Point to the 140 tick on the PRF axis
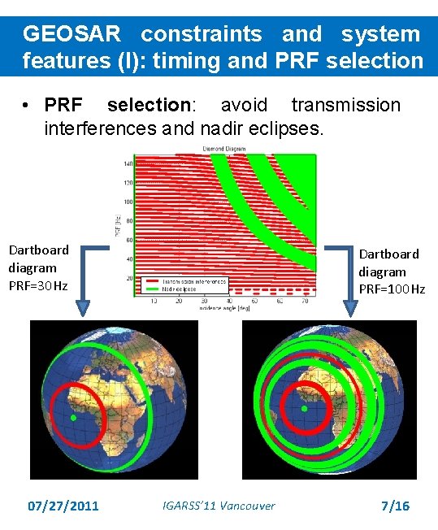pyautogui.click(x=128, y=163)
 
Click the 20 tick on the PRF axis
pyautogui.click(x=128, y=278)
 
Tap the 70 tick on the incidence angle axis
pyautogui.click(x=304, y=301)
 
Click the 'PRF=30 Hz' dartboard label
pyautogui.click(x=38, y=285)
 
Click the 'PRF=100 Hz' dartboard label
pyautogui.click(x=392, y=289)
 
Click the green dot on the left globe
pyautogui.click(x=73, y=418)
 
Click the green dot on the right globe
pyautogui.click(x=304, y=409)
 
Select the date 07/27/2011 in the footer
pyautogui.click(x=63, y=506)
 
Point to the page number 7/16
pyautogui.click(x=395, y=506)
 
